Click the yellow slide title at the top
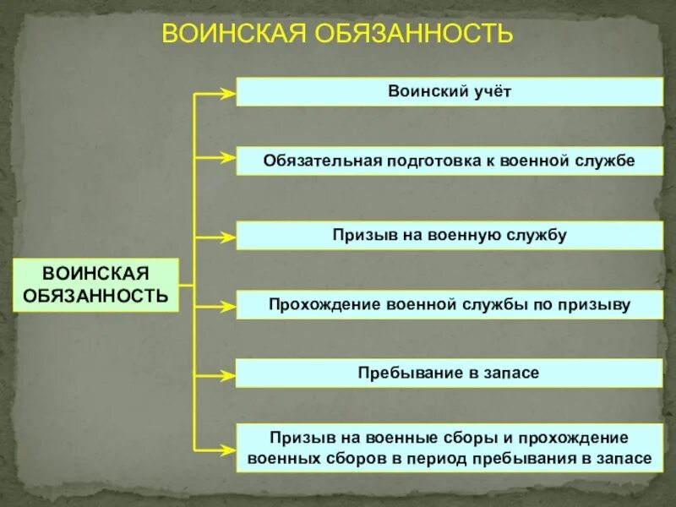click(x=337, y=34)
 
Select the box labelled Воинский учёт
click(x=449, y=91)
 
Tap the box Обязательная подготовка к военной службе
click(x=449, y=161)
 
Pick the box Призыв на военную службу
click(x=449, y=235)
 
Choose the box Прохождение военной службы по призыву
click(x=449, y=304)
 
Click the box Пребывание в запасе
click(x=449, y=373)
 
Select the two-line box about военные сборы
click(x=449, y=448)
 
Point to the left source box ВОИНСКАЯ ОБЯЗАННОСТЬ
click(x=95, y=285)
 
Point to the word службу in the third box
click(x=539, y=235)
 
